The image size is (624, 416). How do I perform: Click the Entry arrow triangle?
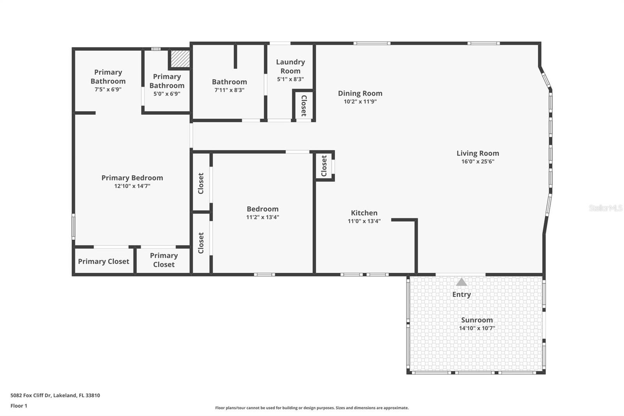click(461, 282)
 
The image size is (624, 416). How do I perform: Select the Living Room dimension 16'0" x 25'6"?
click(478, 162)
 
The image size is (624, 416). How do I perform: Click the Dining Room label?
click(360, 93)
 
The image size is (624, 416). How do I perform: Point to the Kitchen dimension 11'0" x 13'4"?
click(364, 221)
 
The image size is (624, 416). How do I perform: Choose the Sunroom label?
click(477, 320)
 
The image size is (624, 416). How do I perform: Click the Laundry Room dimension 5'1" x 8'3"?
click(290, 79)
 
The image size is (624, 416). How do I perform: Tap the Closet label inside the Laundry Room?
click(304, 106)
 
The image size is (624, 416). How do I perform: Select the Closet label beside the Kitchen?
click(324, 166)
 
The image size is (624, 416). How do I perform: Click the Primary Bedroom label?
click(132, 178)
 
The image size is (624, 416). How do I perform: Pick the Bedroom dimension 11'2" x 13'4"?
click(262, 217)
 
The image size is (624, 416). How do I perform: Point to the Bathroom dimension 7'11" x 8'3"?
click(229, 90)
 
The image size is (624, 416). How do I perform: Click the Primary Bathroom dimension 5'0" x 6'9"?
click(167, 94)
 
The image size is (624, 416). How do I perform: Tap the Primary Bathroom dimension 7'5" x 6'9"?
click(108, 89)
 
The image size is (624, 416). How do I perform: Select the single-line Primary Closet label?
click(103, 261)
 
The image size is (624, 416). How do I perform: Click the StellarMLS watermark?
click(605, 208)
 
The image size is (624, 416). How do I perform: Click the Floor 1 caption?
click(19, 406)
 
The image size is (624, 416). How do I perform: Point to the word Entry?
click(461, 295)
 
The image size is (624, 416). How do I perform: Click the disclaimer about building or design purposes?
click(312, 408)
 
